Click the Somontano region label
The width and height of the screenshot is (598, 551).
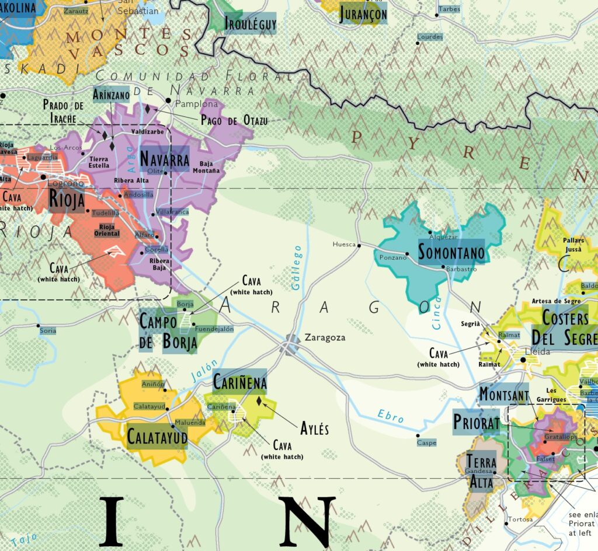[451, 253]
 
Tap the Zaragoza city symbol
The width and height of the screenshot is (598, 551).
[291, 344]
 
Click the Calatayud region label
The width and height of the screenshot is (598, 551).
[157, 436]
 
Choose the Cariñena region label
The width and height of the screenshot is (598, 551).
[239, 382]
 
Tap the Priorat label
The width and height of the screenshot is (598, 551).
[476, 422]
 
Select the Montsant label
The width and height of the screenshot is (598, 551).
[503, 394]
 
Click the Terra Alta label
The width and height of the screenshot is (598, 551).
[481, 472]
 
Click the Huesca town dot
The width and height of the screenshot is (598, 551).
[359, 245]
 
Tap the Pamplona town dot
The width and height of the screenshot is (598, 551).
[168, 101]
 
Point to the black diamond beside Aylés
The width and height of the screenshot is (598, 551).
[259, 400]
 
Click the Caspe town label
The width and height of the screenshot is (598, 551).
[427, 443]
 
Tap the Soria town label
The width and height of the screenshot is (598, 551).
[47, 331]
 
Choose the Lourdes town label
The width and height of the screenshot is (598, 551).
[430, 37]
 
